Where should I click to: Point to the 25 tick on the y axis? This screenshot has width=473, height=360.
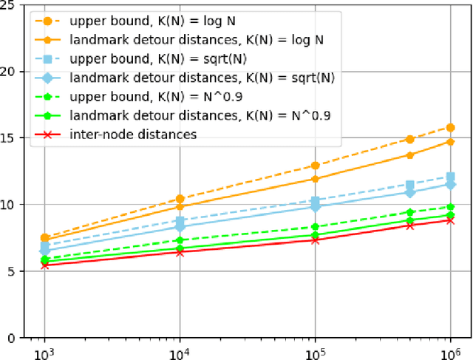[14, 5]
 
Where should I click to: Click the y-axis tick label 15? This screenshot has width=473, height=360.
[14, 138]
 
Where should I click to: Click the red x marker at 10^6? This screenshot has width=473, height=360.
[451, 220]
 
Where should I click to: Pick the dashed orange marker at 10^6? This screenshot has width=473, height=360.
[451, 127]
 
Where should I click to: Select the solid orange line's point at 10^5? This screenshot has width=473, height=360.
[316, 179]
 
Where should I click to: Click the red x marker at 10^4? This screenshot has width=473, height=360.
[180, 252]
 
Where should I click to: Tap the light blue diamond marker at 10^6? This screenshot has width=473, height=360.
[451, 184]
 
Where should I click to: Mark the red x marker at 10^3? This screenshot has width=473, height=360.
[44, 265]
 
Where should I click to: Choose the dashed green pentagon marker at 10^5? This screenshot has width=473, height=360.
[316, 227]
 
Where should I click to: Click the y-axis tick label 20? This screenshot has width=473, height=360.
[14, 72]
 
